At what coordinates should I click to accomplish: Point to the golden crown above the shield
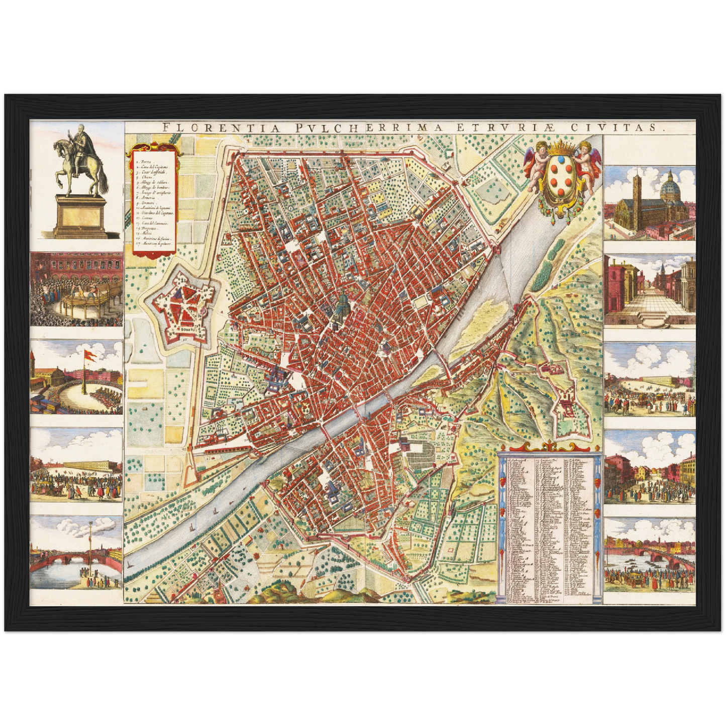[562, 150]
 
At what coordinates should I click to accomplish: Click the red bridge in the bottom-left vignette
[55, 558]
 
